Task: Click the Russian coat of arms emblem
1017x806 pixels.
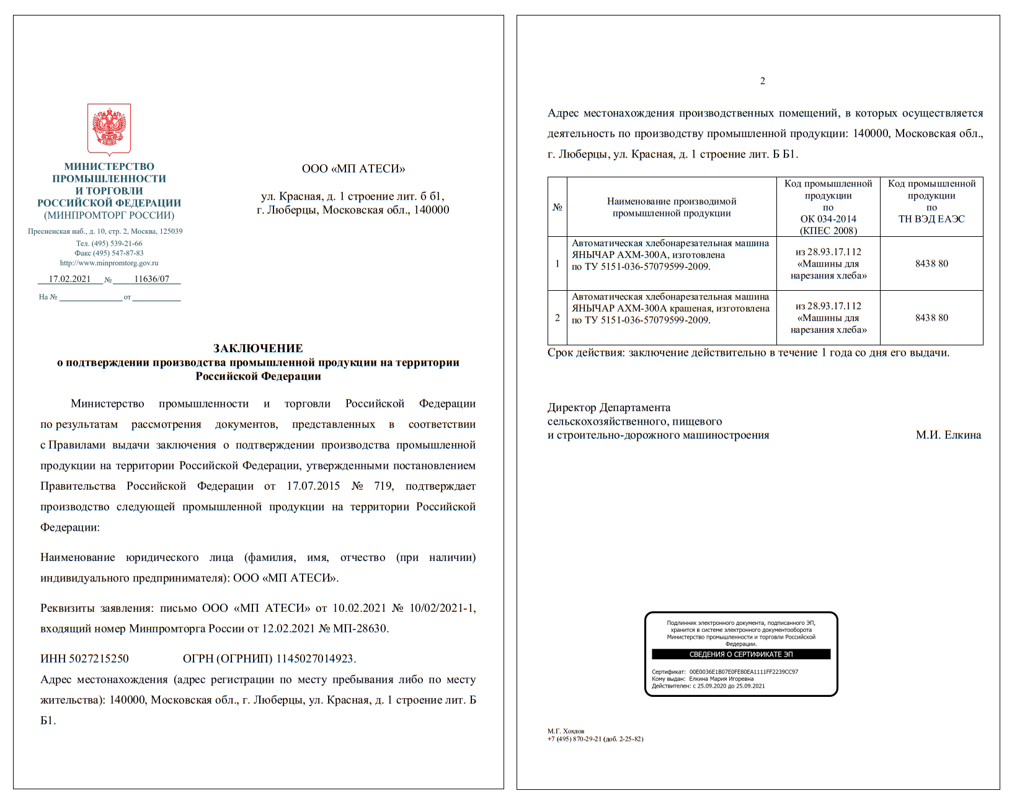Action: (x=109, y=128)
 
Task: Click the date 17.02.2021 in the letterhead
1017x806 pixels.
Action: (x=69, y=279)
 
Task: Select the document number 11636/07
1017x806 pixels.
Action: (x=151, y=279)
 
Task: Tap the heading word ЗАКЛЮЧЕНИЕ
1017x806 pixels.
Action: (x=258, y=348)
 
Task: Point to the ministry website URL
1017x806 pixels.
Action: (x=109, y=263)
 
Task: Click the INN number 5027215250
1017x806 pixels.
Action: (x=99, y=658)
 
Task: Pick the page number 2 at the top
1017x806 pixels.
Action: (x=762, y=81)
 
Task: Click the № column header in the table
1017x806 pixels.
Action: (x=557, y=207)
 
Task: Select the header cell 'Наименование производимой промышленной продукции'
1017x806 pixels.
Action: (x=672, y=207)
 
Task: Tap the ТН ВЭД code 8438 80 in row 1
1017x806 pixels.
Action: (x=931, y=263)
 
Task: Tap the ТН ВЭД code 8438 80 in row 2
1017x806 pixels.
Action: (x=931, y=317)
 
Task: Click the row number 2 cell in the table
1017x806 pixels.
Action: (x=557, y=317)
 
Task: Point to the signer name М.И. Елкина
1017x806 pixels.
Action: (x=948, y=435)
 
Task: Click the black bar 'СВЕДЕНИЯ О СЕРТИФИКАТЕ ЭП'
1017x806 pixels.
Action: (x=741, y=654)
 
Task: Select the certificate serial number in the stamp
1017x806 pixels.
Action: (x=744, y=671)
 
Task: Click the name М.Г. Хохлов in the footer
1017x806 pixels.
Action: (x=566, y=731)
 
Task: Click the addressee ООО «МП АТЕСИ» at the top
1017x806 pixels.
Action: (x=353, y=169)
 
